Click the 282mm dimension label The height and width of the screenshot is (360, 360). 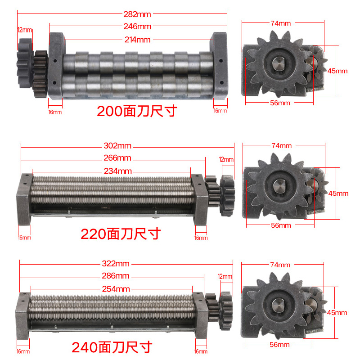click(137, 14)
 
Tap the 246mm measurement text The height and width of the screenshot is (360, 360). click(137, 27)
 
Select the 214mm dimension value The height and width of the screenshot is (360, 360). click(137, 40)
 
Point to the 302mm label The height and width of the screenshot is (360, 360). click(117, 145)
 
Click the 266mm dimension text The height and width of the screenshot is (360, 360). click(117, 158)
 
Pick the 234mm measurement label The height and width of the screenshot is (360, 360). click(118, 171)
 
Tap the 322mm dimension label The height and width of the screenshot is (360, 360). click(116, 263)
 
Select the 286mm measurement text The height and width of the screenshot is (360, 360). click(116, 275)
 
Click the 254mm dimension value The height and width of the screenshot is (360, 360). click(116, 289)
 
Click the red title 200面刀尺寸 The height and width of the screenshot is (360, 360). click(137, 111)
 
